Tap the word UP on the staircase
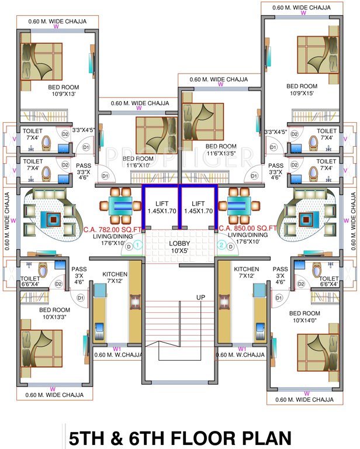pyautogui.click(x=200, y=298)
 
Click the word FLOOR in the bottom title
pyautogui.click(x=196, y=437)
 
